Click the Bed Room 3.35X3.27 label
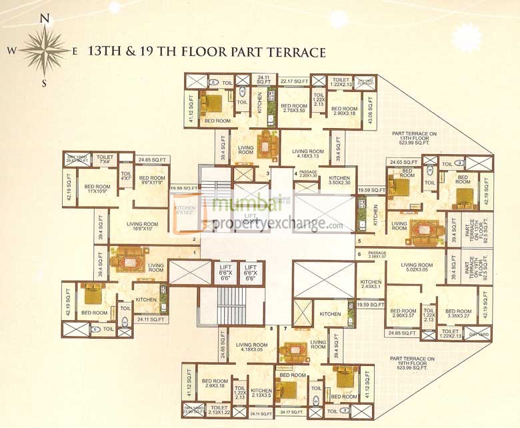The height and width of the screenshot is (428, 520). [x=459, y=314]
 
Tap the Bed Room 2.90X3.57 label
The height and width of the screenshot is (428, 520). [x=404, y=314]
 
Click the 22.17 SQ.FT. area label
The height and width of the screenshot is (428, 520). [x=294, y=81]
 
